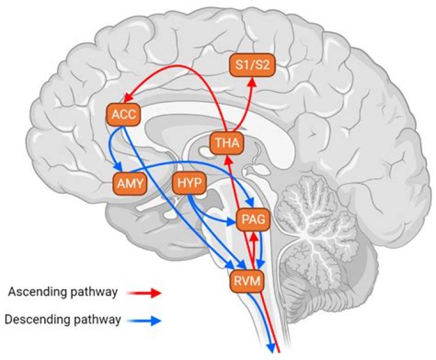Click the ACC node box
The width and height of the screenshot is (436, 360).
(124, 114)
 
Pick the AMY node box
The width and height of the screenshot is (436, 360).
(130, 183)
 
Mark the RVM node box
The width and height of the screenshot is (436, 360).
(247, 280)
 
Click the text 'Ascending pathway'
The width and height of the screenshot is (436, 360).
(62, 292)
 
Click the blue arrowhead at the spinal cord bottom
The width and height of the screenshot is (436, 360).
(271, 347)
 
